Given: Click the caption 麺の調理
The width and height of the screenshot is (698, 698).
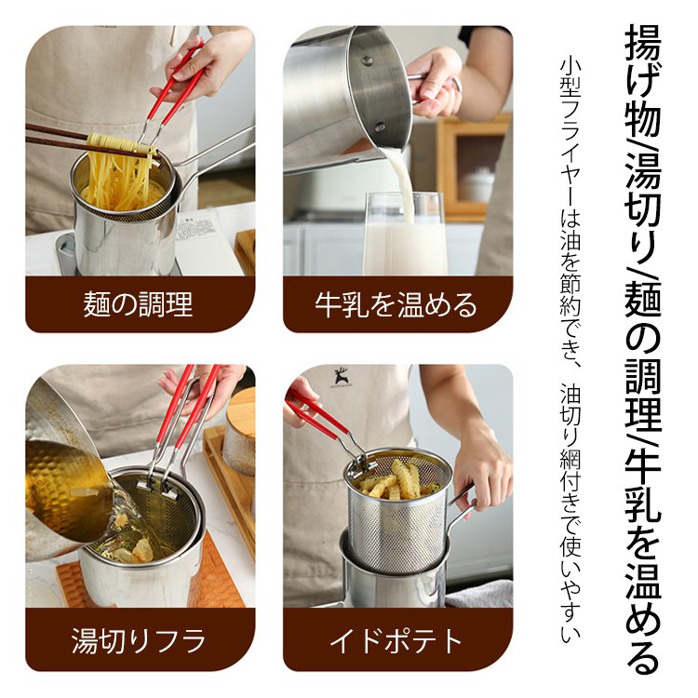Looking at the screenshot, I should click(x=139, y=304).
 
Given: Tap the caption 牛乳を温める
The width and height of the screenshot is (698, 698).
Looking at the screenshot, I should click(x=396, y=304).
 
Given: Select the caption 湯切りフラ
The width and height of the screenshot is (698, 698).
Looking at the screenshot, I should click(x=139, y=640).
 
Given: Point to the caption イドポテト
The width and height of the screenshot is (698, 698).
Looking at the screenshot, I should click(x=396, y=640).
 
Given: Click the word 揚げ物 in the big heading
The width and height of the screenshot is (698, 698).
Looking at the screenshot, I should click(x=642, y=79).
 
